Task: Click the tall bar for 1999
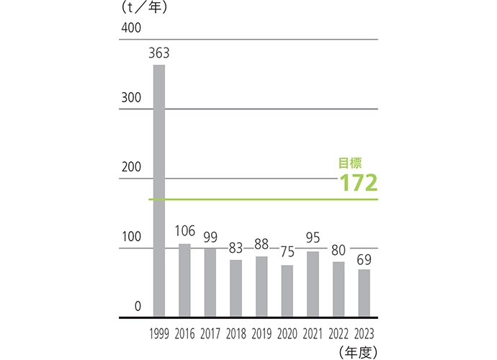[159, 191]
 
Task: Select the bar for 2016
[184, 280]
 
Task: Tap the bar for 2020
[287, 291]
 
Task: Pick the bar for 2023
[364, 293]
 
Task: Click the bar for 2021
[313, 284]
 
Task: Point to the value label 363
[158, 53]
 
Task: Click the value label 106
[185, 231]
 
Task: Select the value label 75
[287, 252]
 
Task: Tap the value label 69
[364, 257]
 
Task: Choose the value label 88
[261, 243]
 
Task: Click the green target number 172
[359, 183]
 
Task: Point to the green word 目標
[350, 163]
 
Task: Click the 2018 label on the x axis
[236, 334]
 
